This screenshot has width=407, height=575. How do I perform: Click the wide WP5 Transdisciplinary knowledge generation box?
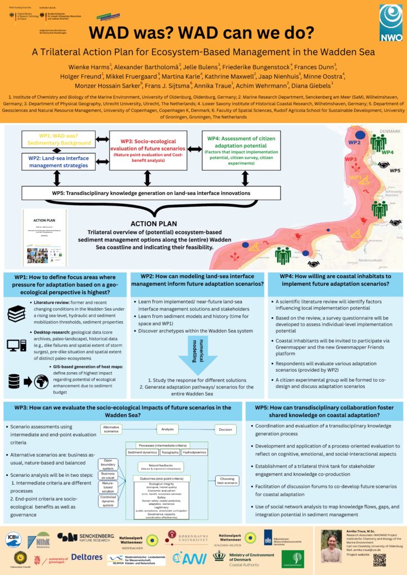150,193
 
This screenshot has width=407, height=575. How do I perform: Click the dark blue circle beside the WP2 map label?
360,135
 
